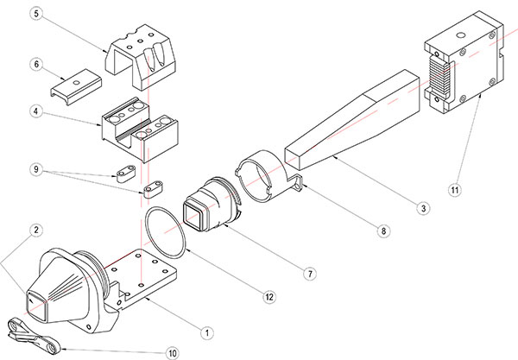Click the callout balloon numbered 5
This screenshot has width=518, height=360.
pyautogui.click(x=35, y=14)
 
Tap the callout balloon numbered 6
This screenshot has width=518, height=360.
pyautogui.click(x=35, y=64)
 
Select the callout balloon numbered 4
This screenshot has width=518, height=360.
pyautogui.click(x=35, y=111)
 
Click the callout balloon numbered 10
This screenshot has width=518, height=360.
pyautogui.click(x=172, y=351)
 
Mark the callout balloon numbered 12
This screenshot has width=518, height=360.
pyautogui.click(x=269, y=297)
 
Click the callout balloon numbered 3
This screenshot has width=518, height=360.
pyautogui.click(x=421, y=206)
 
